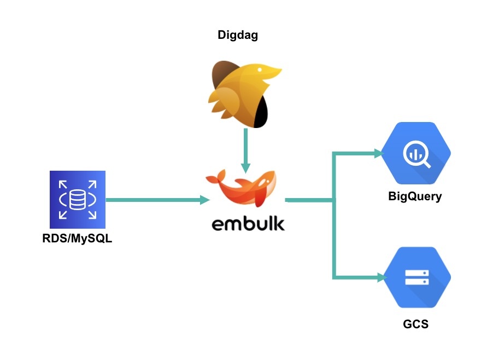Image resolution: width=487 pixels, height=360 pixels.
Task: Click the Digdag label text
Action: click(x=237, y=36)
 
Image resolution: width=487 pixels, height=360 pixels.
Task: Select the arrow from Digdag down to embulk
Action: click(x=245, y=148)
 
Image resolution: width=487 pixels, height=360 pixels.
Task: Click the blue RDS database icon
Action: click(x=77, y=199)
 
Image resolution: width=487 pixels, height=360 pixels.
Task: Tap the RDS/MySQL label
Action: click(x=77, y=239)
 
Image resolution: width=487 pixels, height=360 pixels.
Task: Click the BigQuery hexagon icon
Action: click(x=416, y=155)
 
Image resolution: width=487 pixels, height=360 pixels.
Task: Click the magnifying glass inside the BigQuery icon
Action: click(x=417, y=155)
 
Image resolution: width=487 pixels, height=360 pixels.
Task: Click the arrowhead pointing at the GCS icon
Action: click(x=380, y=278)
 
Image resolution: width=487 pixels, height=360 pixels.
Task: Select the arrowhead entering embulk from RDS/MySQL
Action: click(x=205, y=200)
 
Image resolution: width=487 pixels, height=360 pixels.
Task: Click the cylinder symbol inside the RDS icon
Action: click(x=77, y=198)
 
